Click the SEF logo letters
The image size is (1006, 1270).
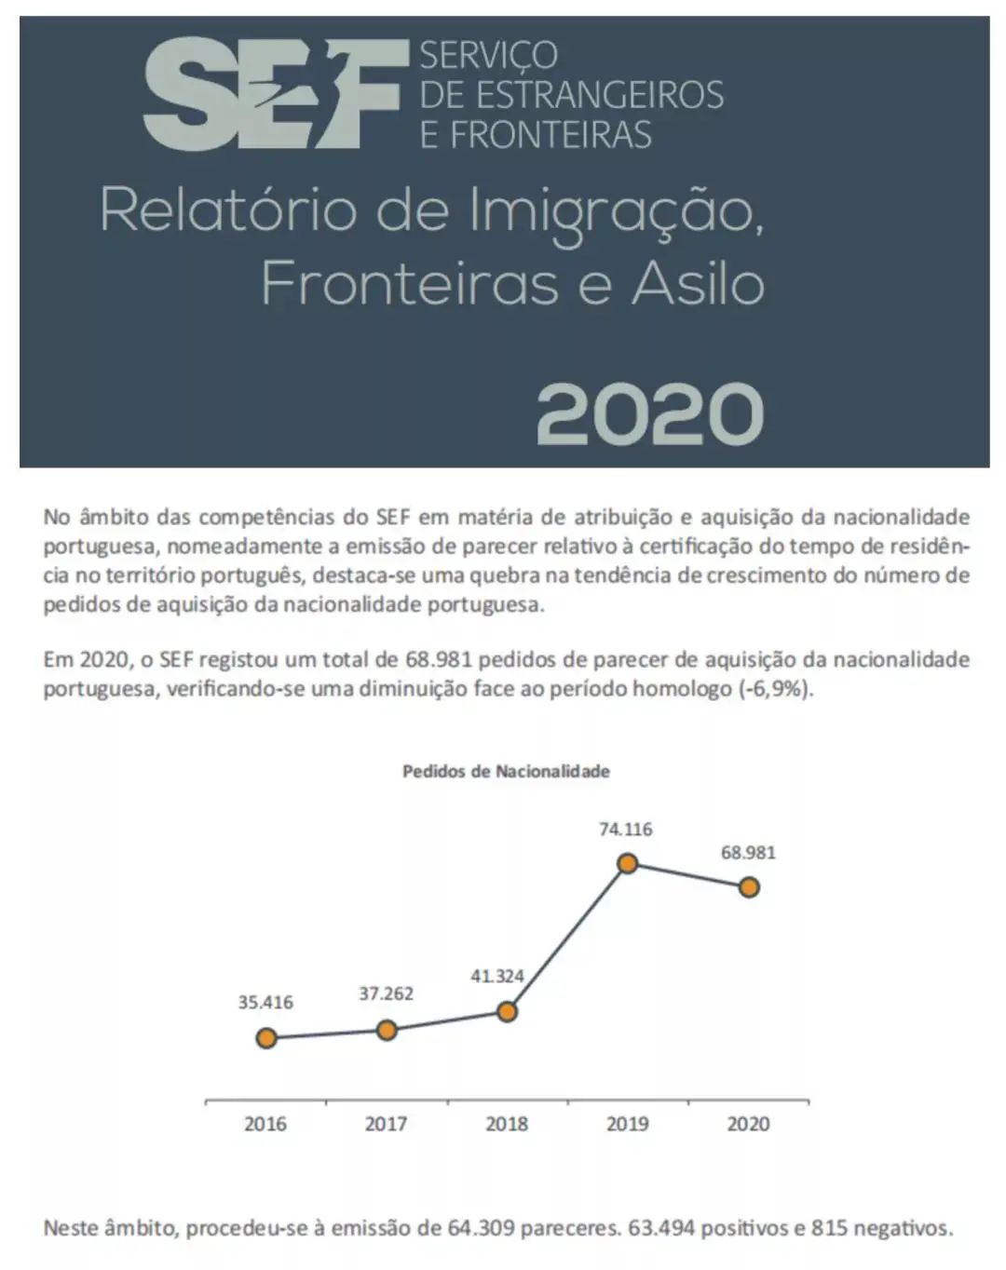(275, 93)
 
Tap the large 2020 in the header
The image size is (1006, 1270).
(649, 413)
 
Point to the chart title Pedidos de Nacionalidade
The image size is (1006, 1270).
(506, 771)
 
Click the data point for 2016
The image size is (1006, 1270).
(266, 1037)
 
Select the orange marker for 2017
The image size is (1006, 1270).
(387, 1030)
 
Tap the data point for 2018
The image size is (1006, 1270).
(507, 1012)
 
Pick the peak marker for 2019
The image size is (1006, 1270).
(627, 864)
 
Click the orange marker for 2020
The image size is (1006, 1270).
(748, 887)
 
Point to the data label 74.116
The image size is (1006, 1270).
(626, 829)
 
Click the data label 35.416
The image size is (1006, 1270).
(265, 1003)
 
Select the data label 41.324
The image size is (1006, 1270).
(496, 977)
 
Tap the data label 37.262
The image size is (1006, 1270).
(387, 993)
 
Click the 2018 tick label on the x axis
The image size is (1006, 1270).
(507, 1124)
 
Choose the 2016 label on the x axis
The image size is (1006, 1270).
(265, 1124)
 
